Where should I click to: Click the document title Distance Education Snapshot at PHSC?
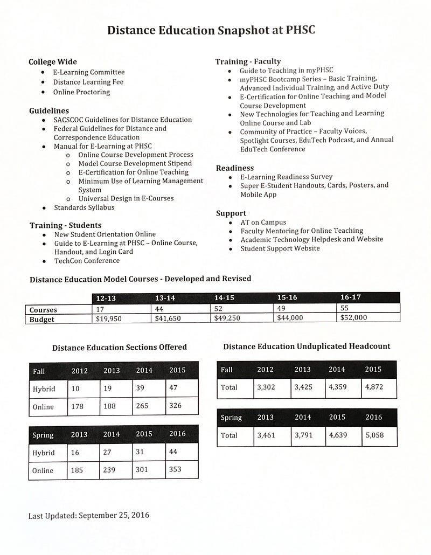pos(211,30)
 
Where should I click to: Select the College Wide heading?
pos(53,62)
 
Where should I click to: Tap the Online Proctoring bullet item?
pos(81,92)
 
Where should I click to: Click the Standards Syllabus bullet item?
pos(84,207)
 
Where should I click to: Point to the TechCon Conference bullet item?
pos(87,261)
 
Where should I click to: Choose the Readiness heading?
pos(235,168)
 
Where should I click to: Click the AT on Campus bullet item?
pos(263,222)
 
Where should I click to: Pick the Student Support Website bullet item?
pos(280,248)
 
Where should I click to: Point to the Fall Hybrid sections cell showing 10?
pos(76,388)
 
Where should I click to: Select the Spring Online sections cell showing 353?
pos(176,470)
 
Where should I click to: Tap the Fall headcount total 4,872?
pos(374,387)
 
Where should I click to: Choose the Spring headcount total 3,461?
pos(266,435)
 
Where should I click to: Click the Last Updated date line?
pos(89,515)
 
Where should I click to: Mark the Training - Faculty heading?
pos(248,61)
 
